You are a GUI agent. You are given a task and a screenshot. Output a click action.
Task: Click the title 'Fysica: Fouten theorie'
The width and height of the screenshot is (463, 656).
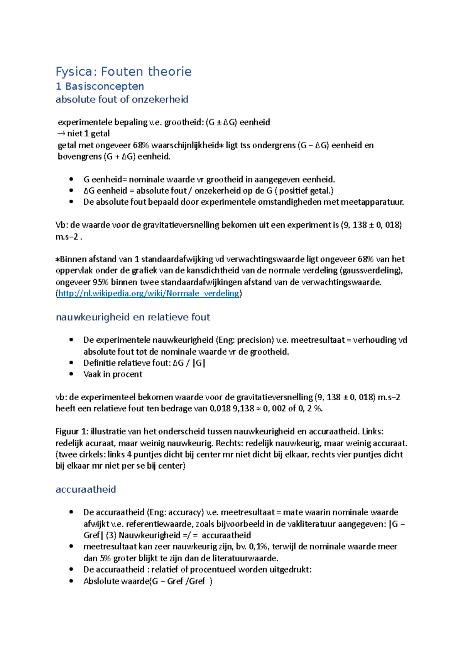point(123,71)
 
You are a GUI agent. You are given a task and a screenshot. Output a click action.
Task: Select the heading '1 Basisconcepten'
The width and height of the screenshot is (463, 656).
point(100,86)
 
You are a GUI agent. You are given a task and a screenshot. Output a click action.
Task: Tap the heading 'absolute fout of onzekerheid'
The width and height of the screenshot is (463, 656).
point(122,99)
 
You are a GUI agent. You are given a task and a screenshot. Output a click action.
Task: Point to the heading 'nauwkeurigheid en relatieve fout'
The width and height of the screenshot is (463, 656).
point(133,317)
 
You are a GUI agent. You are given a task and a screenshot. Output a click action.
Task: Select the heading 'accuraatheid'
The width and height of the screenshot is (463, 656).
point(86,489)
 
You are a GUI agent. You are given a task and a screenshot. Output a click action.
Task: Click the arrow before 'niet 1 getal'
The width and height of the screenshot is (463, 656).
point(61,134)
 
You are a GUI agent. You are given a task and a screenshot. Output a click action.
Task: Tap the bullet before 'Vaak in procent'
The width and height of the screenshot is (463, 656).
point(71,374)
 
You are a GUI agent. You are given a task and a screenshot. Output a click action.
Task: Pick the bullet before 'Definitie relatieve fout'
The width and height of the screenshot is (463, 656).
point(71,363)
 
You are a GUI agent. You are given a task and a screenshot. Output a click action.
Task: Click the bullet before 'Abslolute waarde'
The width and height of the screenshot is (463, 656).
point(71,581)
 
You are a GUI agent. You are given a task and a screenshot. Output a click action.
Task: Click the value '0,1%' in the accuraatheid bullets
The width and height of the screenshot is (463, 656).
point(259,547)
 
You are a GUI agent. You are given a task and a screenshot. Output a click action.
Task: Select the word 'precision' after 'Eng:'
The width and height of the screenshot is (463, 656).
point(254,340)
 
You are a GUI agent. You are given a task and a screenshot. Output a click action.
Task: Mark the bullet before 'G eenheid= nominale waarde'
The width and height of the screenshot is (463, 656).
point(71,179)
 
